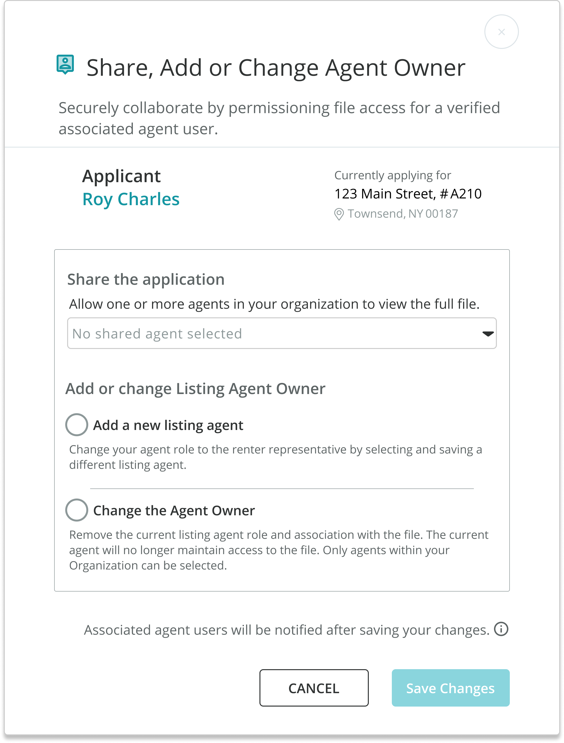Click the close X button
pos(501,32)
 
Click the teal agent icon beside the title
pos(65,64)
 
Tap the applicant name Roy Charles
pos(131,199)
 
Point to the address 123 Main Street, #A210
pos(408,194)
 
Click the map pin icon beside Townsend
pos(339,214)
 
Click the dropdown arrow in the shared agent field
pos(488,334)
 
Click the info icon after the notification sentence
pos(501,629)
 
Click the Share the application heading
pos(146,279)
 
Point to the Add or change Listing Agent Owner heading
pos(195,389)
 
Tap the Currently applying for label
pos(393,175)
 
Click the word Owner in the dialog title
pos(429,68)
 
